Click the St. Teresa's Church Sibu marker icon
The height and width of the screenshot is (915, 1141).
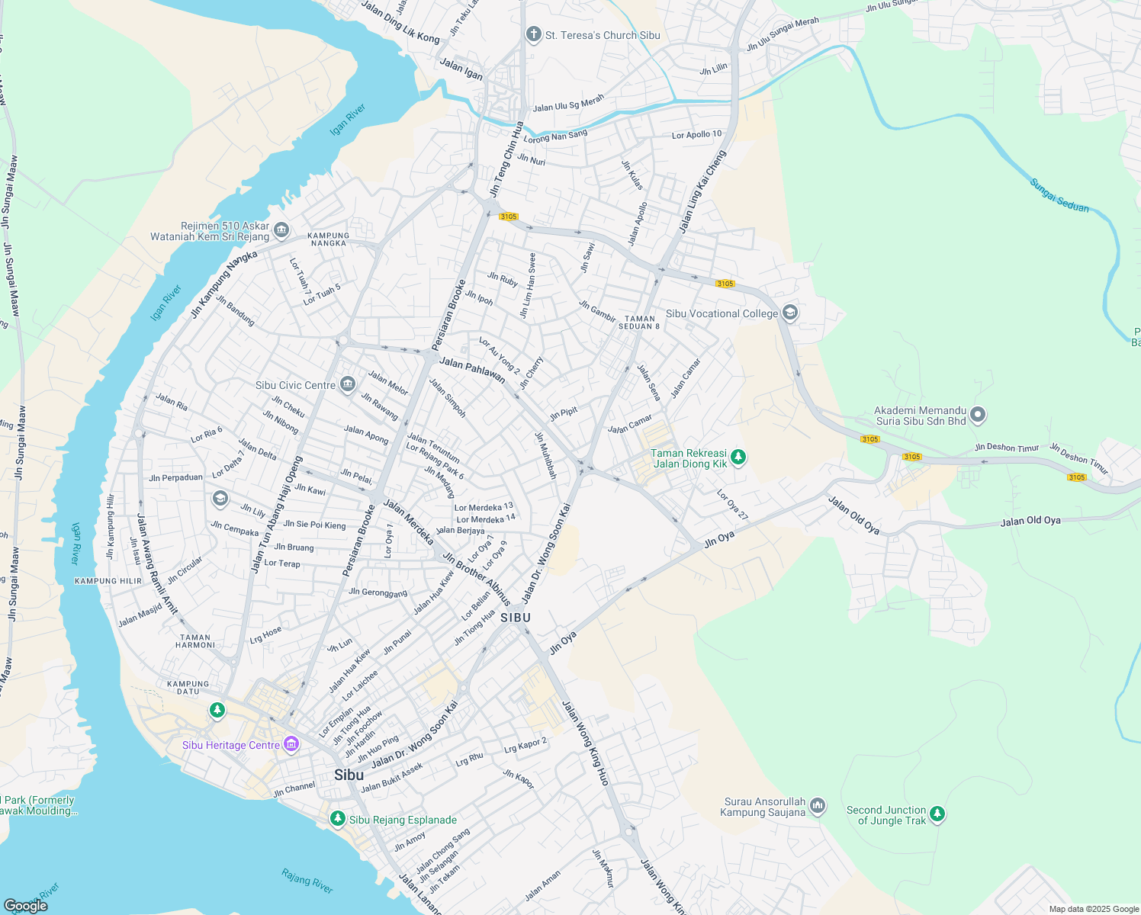pyautogui.click(x=533, y=34)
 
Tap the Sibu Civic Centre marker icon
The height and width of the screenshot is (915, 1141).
pyautogui.click(x=348, y=384)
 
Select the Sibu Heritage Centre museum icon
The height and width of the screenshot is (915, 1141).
pyautogui.click(x=291, y=744)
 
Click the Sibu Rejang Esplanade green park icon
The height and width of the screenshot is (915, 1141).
pyautogui.click(x=337, y=818)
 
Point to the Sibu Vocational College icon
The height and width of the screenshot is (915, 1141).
pyautogui.click(x=790, y=313)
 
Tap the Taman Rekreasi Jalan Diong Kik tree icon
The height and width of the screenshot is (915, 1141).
pyautogui.click(x=738, y=457)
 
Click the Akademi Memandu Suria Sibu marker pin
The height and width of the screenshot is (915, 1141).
pyautogui.click(x=979, y=415)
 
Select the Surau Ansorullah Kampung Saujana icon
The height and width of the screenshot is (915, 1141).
pyautogui.click(x=818, y=805)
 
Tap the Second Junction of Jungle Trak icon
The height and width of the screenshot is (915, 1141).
pyautogui.click(x=937, y=814)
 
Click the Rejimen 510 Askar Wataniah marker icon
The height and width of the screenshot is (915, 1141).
pyautogui.click(x=281, y=230)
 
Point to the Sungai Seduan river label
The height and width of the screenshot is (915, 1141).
pyautogui.click(x=1059, y=195)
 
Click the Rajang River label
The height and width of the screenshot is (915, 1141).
pyautogui.click(x=307, y=881)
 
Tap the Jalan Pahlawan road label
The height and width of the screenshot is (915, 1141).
pyautogui.click(x=472, y=370)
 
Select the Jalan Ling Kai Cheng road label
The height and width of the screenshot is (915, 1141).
pyautogui.click(x=702, y=191)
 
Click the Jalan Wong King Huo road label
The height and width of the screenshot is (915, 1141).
pyautogui.click(x=586, y=743)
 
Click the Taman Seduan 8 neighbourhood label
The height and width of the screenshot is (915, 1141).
pyautogui.click(x=639, y=323)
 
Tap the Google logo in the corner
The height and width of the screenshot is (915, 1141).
pyautogui.click(x=25, y=905)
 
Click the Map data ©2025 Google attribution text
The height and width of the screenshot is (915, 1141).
pyautogui.click(x=1093, y=909)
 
